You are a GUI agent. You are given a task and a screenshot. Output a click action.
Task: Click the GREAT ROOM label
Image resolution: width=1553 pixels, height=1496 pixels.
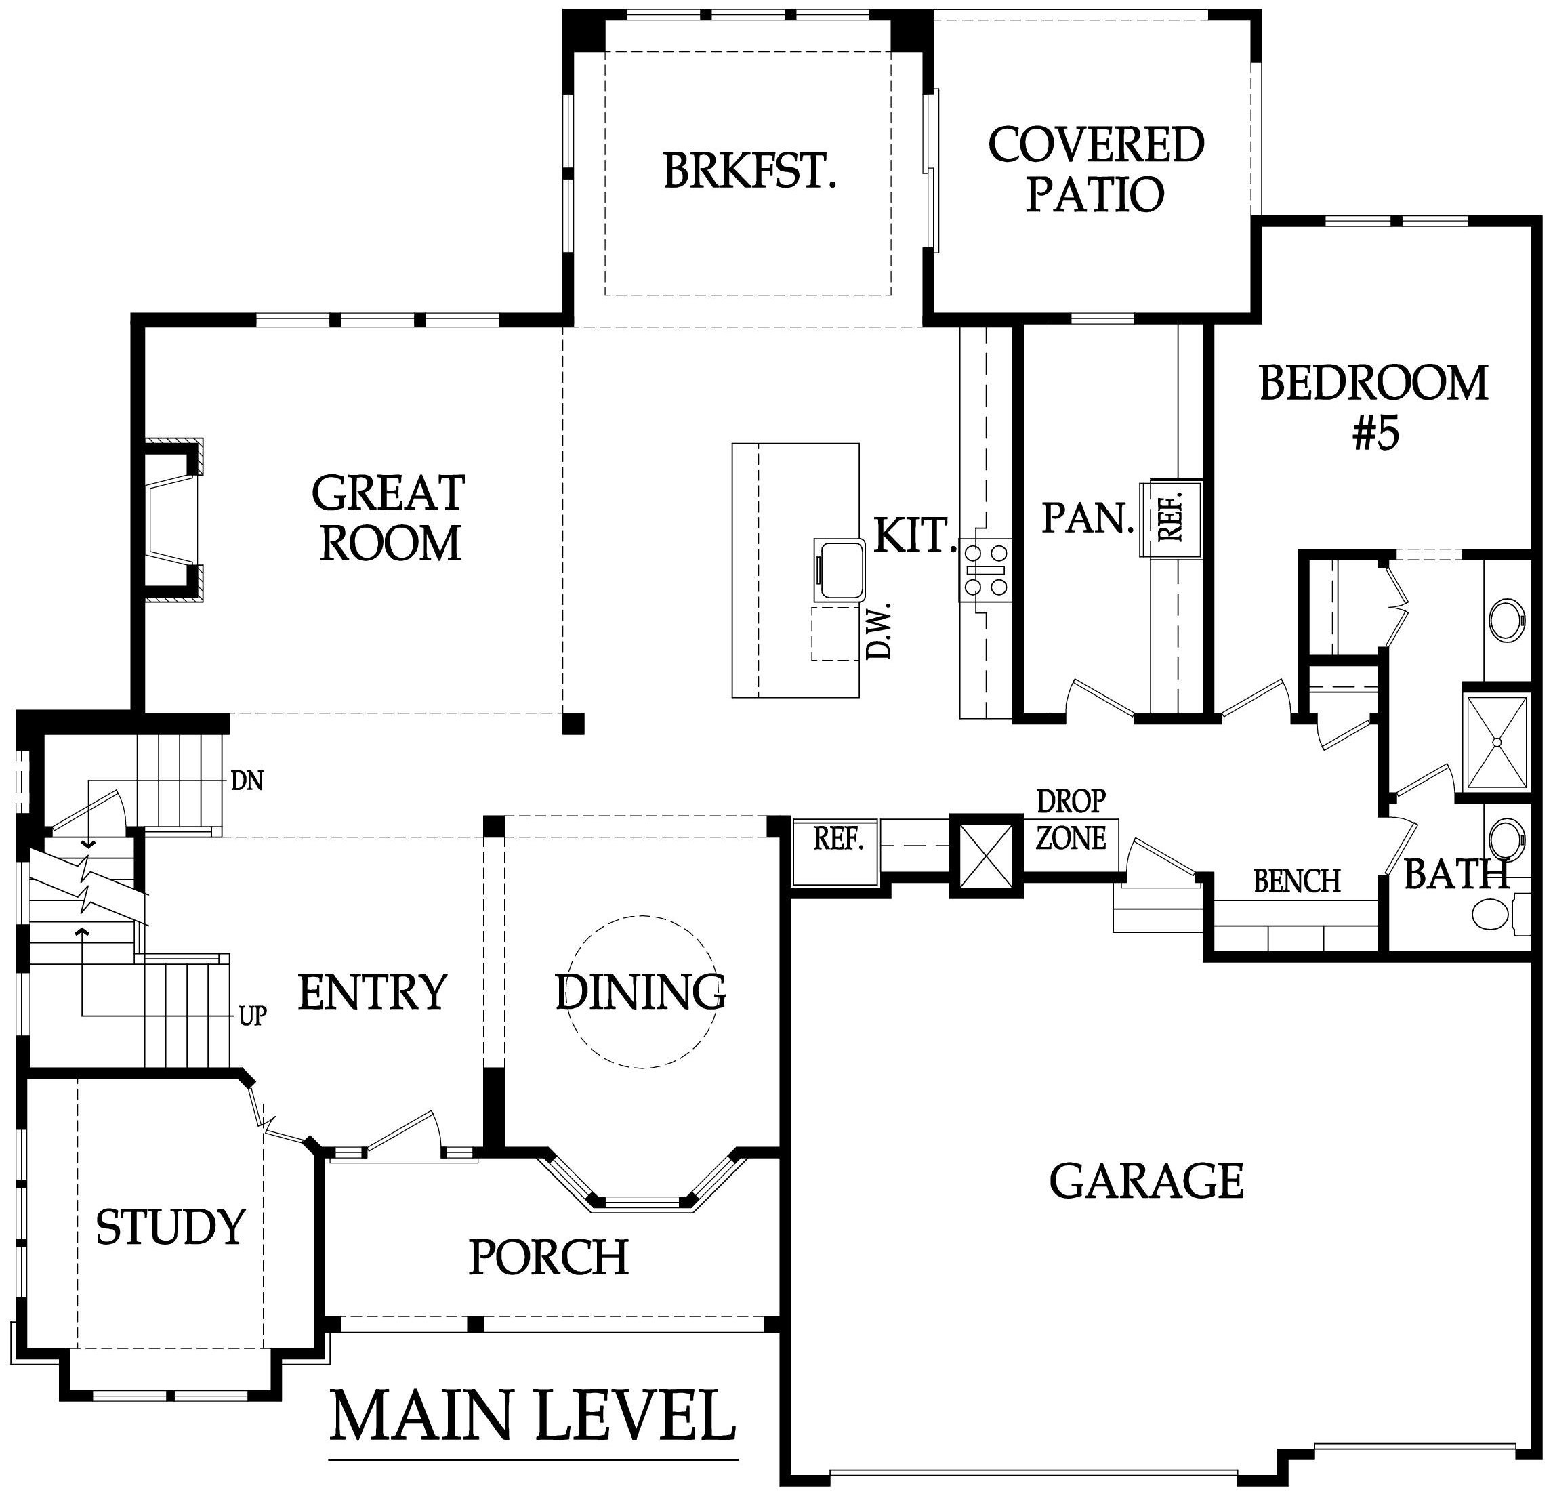388,518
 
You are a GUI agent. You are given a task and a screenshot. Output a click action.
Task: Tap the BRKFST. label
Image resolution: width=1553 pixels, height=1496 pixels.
749,171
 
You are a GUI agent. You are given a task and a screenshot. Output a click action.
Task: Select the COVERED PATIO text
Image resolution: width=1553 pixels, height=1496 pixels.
1095,169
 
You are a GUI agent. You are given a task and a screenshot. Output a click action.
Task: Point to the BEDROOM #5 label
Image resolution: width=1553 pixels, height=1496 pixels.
1373,407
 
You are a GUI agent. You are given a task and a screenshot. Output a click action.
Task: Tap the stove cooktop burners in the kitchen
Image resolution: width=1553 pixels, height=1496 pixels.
985,570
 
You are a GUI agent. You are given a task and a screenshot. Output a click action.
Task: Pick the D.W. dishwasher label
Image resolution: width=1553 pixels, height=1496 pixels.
879,631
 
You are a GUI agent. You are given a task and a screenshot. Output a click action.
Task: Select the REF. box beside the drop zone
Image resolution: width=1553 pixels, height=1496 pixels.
836,852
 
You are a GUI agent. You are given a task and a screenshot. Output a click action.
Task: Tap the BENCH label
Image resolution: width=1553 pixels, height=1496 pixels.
1296,881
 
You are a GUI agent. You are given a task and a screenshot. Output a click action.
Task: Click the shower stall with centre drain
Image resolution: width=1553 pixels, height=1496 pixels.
1496,743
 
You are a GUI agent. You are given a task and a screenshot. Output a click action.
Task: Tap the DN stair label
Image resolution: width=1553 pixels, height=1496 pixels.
247,782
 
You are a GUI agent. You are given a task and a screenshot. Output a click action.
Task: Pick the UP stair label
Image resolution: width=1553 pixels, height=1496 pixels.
252,1016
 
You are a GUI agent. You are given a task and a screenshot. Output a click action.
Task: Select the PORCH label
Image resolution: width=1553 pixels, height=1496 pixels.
548,1257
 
